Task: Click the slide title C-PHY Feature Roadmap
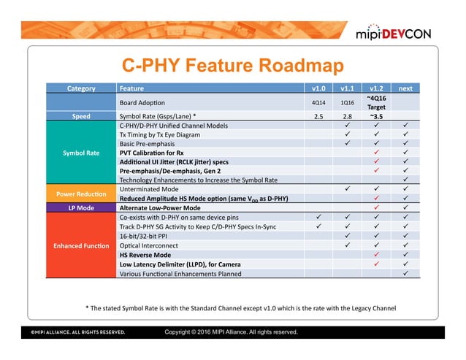pyautogui.click(x=232, y=66)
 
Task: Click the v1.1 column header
pyautogui.click(x=348, y=88)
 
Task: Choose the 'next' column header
pyautogui.click(x=405, y=88)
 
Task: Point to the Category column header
pyautogui.click(x=81, y=88)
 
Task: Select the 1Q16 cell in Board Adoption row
pyautogui.click(x=348, y=102)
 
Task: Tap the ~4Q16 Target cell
pyautogui.click(x=376, y=102)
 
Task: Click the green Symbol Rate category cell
pyautogui.click(x=81, y=153)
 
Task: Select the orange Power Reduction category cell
pyautogui.click(x=81, y=194)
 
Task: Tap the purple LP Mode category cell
pyautogui.click(x=81, y=207)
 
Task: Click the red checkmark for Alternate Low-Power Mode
pyautogui.click(x=376, y=207)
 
